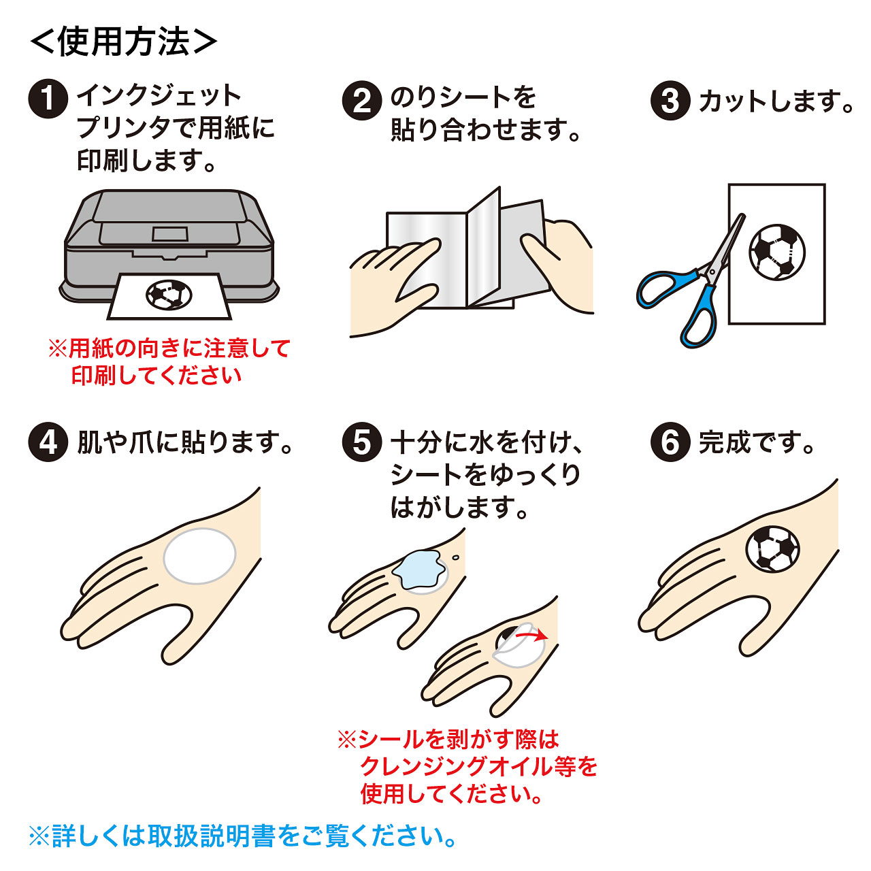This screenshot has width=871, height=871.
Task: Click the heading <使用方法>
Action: pos(123,42)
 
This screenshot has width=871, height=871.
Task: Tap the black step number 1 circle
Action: pos(48,99)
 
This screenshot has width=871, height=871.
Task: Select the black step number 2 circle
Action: pos(361,100)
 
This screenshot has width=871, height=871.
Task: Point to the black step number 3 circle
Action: pos(670,100)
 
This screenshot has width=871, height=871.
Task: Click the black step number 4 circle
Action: pos(48,442)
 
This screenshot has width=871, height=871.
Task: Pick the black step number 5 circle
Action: pos(361,442)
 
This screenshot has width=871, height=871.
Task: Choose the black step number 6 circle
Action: pos(670,442)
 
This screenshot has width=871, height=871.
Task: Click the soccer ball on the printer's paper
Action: pos(169,295)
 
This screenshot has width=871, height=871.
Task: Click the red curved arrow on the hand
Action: pos(531,635)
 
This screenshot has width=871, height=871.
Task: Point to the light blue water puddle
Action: pos(416,570)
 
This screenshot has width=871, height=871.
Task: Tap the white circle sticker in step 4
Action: pos(199,556)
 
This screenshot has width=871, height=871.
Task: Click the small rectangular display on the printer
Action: pos(169,233)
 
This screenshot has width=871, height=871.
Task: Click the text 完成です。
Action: pos(756,442)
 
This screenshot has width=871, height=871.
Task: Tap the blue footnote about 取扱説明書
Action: pos(243,836)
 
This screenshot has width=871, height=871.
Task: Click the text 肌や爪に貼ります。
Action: pos(184,442)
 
